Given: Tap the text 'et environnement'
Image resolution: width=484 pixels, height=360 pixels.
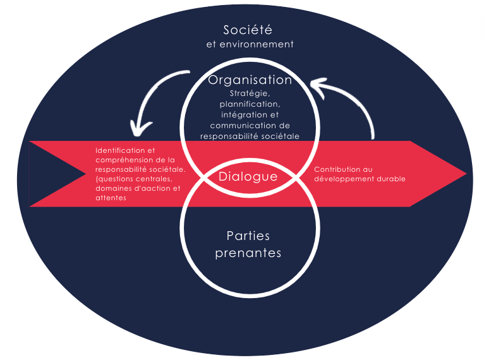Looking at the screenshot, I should click(x=250, y=45).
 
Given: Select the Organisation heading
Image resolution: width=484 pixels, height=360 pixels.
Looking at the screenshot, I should click(x=250, y=80).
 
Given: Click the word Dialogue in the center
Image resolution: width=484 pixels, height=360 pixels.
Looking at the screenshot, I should click(x=248, y=177).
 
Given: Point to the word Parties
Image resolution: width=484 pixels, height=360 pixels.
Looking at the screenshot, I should click(x=248, y=236).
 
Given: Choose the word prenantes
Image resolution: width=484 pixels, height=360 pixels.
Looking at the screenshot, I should click(x=248, y=253).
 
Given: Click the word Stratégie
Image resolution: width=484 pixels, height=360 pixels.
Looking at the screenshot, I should click(x=250, y=94).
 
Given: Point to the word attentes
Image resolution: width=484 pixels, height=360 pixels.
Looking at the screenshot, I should click(x=111, y=198).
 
